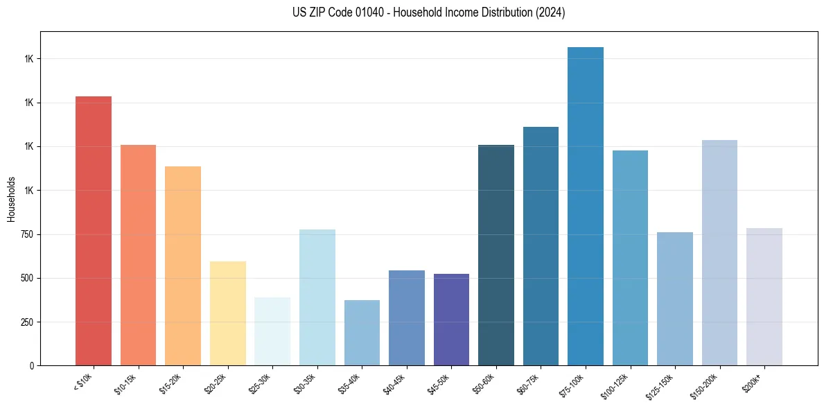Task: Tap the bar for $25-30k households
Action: coord(272,331)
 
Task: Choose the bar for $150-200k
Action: coord(719,253)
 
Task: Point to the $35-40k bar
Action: coord(362,333)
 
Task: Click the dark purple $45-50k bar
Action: coord(451,320)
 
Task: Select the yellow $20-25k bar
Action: coord(228,313)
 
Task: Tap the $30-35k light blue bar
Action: coord(317,297)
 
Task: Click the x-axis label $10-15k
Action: coord(125,383)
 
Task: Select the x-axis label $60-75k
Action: coord(528,383)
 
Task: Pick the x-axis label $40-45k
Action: coord(394,383)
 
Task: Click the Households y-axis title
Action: coord(11,198)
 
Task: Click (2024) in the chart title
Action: coord(551,12)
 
